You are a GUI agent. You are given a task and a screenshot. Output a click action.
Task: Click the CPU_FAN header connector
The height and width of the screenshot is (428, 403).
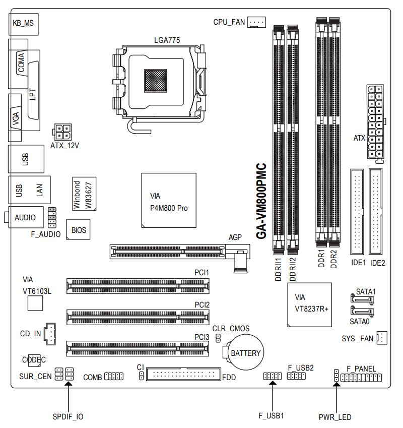coord(256,22)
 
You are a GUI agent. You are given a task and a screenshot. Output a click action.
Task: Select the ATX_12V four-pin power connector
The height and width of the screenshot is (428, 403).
coord(62,132)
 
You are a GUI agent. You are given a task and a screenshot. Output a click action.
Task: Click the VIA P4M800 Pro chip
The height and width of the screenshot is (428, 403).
coord(169,200)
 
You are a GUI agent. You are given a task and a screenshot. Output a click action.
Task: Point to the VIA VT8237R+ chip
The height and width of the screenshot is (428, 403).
coord(309,304)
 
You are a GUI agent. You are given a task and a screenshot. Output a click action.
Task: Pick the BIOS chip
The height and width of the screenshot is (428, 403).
coord(78,229)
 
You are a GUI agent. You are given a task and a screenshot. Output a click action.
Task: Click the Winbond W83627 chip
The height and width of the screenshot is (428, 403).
coord(84,194)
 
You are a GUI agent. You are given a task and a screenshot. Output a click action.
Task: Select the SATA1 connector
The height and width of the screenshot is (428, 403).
coord(362,299)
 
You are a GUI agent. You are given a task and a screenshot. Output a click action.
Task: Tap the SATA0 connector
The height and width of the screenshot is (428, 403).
coord(362,312)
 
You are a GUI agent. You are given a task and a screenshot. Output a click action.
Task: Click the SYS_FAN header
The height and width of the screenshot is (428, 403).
coord(382,338)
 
